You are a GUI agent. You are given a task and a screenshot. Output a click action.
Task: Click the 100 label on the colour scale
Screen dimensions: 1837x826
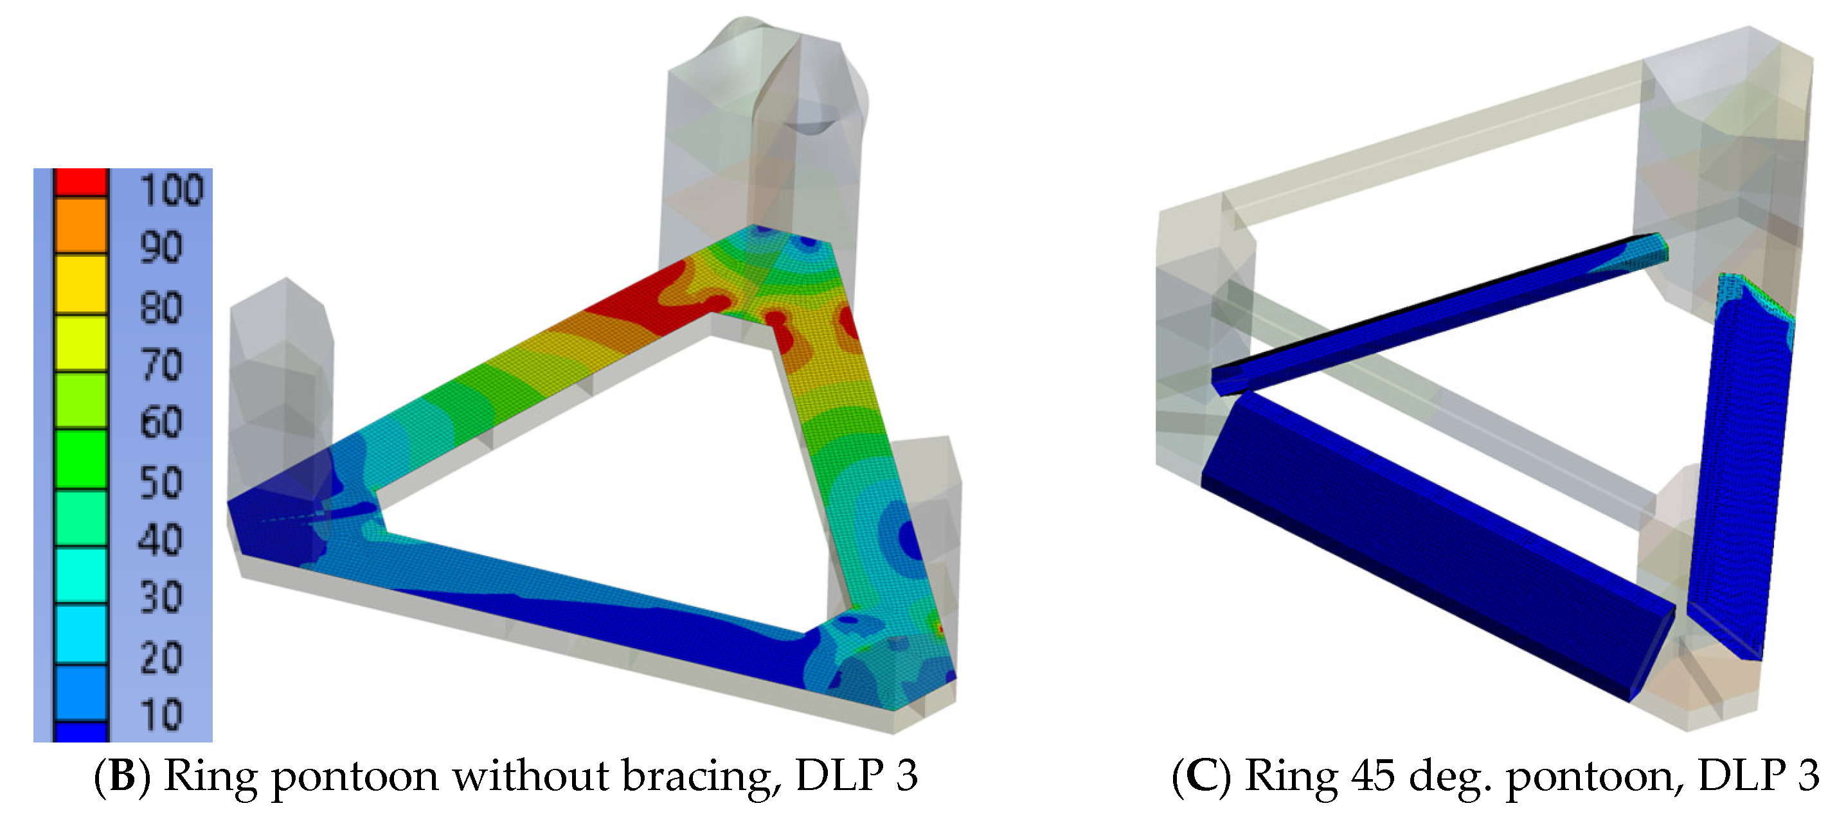[172, 190]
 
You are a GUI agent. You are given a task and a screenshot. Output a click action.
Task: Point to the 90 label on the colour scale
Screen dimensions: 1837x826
[161, 247]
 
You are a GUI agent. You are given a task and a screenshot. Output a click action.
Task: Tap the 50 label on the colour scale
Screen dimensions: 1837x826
[161, 482]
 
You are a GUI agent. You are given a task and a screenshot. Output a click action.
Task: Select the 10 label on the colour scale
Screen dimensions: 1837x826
[161, 715]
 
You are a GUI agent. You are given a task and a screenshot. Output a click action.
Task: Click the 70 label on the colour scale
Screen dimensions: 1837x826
[161, 365]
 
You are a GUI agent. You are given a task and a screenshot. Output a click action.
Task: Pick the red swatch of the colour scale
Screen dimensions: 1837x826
[81, 182]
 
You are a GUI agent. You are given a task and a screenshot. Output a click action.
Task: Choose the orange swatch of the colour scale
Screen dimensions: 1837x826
[81, 225]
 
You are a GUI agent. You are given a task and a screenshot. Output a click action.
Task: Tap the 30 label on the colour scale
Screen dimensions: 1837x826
[161, 597]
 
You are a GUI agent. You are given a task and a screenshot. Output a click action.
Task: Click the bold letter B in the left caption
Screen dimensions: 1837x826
[123, 775]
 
